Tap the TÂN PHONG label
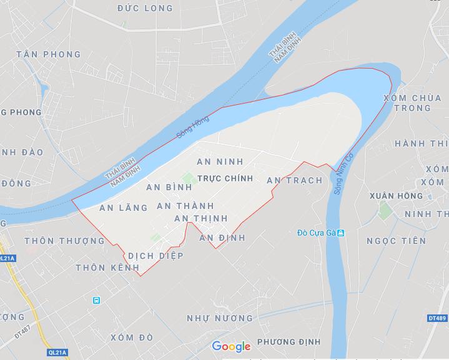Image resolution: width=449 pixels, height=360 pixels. click(49, 54)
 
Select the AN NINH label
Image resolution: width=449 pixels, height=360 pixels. click(219, 162)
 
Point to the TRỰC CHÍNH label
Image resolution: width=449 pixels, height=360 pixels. click(225, 178)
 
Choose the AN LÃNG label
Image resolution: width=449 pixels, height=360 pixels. click(123, 208)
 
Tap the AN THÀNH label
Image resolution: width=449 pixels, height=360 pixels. click(185, 206)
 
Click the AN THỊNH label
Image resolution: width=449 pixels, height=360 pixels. click(200, 218)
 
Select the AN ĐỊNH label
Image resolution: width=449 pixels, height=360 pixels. click(222, 238)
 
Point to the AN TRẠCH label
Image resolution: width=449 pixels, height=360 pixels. click(294, 180)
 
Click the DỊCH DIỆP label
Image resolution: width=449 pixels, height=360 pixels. click(156, 255)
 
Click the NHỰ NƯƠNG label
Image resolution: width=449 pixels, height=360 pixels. click(220, 318)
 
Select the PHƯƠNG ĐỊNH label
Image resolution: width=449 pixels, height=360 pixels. click(289, 342)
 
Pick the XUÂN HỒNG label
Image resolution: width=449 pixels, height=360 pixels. click(395, 196)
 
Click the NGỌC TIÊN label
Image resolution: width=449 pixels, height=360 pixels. click(396, 241)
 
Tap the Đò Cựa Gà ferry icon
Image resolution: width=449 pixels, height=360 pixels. click(341, 233)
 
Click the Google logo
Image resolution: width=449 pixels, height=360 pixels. click(231, 346)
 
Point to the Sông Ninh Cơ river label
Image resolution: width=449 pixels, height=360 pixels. click(343, 173)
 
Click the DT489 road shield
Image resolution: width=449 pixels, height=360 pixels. click(437, 318)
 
